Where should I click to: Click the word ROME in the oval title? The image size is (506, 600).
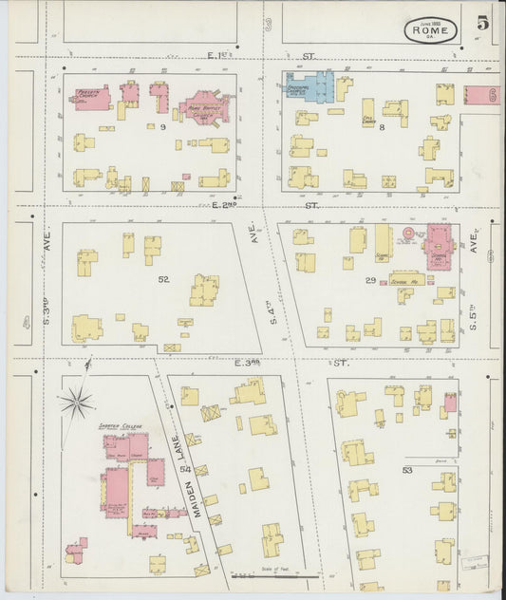point(432,31)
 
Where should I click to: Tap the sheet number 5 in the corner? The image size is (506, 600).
point(484,24)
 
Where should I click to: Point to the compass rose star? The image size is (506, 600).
point(76,401)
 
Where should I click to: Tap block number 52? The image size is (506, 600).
point(164,279)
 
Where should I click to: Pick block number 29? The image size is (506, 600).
point(370,280)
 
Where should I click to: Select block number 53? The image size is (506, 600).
point(406,469)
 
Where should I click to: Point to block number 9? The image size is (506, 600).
point(162,126)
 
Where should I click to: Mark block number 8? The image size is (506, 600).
point(381,126)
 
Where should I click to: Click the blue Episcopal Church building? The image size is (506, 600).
point(313,87)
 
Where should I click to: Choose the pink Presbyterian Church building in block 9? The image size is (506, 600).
point(92,98)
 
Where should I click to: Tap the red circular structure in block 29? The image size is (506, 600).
point(410,233)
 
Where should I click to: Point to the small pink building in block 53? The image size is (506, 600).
point(449,402)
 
